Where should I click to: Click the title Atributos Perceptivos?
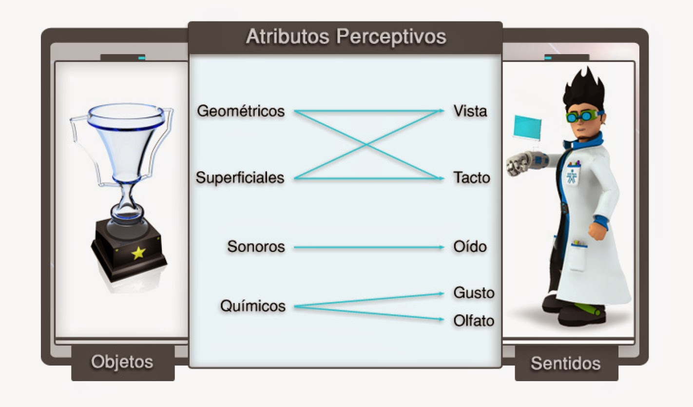click(x=346, y=37)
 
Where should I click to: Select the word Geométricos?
click(x=241, y=111)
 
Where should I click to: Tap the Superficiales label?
click(x=240, y=178)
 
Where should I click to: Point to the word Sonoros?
click(x=256, y=247)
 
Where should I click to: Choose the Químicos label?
click(x=253, y=306)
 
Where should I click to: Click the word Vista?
click(x=470, y=111)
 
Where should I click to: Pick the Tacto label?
click(x=471, y=178)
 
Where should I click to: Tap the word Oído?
click(x=470, y=247)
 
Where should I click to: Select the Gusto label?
click(x=474, y=293)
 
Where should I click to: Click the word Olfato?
click(x=474, y=321)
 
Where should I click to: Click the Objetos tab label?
click(x=122, y=362)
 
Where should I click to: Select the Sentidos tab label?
click(x=565, y=363)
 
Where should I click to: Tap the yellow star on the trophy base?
click(x=138, y=252)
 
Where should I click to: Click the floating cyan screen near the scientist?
click(x=528, y=127)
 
